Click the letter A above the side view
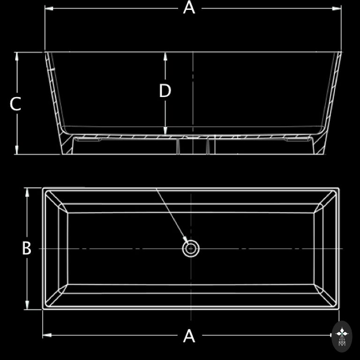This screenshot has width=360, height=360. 189,7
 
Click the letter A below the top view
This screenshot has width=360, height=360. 189,336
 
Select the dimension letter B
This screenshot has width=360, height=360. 27,248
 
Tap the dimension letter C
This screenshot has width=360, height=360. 15,104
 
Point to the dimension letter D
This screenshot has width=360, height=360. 165,90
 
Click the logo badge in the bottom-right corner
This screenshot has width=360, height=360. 342,337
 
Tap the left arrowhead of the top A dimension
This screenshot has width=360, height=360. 49,9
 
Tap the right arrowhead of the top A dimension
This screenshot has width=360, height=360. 337,9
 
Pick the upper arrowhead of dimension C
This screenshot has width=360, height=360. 16,56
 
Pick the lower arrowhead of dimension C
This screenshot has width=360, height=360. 16,150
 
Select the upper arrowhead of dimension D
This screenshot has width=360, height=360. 165,56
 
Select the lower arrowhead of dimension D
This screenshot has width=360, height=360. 165,130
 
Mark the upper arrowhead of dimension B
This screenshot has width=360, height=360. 27,192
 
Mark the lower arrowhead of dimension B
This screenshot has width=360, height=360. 27,305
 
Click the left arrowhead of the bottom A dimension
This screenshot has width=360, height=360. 47,335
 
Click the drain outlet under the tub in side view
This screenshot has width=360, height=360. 193,146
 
